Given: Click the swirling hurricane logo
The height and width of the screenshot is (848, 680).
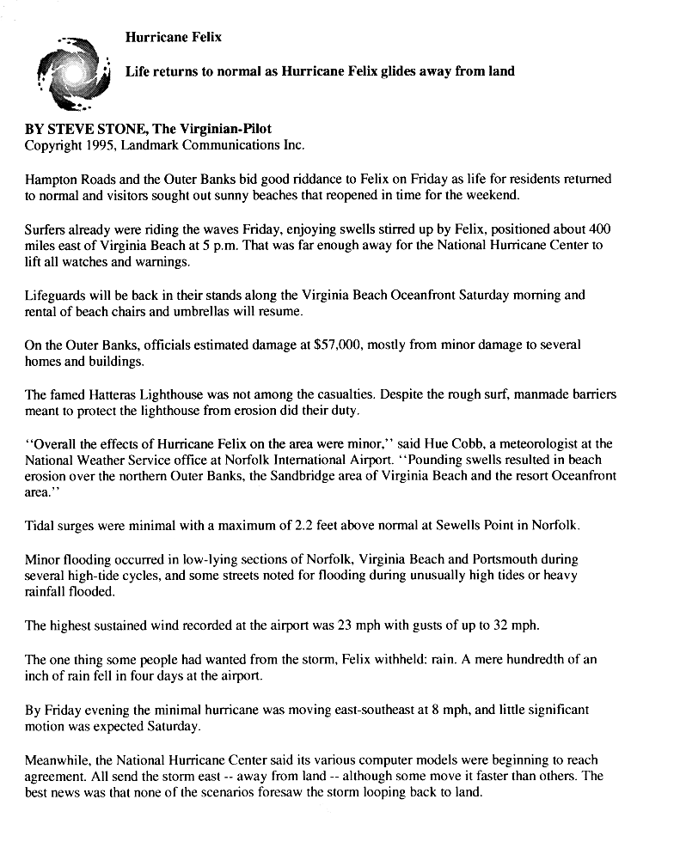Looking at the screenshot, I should (x=74, y=76).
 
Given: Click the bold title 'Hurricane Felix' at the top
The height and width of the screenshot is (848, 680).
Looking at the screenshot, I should (x=173, y=37).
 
